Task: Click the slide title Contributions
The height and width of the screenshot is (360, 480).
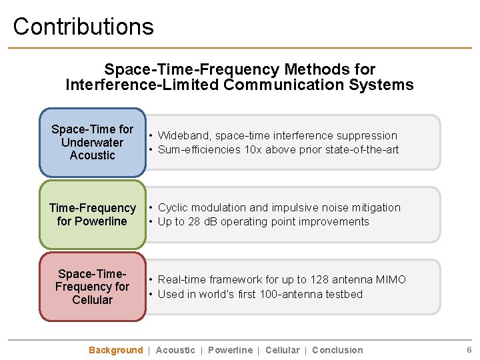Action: coord(83,27)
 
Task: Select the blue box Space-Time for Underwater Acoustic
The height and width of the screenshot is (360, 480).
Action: coord(92,142)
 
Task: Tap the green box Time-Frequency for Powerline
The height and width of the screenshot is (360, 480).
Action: coord(92,215)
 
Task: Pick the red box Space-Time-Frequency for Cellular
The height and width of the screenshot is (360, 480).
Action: coord(92,287)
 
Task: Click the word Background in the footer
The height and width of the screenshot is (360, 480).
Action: coord(115,350)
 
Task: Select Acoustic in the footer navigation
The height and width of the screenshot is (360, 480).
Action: coord(175,350)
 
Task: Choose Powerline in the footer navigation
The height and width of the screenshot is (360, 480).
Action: coord(230,350)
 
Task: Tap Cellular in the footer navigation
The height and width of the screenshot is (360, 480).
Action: coord(282,350)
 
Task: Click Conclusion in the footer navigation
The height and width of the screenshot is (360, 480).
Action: coord(337,350)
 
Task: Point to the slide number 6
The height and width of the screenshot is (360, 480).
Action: coord(469,350)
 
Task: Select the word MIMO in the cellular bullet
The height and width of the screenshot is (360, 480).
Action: coord(390,280)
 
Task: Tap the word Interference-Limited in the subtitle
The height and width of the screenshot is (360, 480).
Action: coord(143,85)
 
